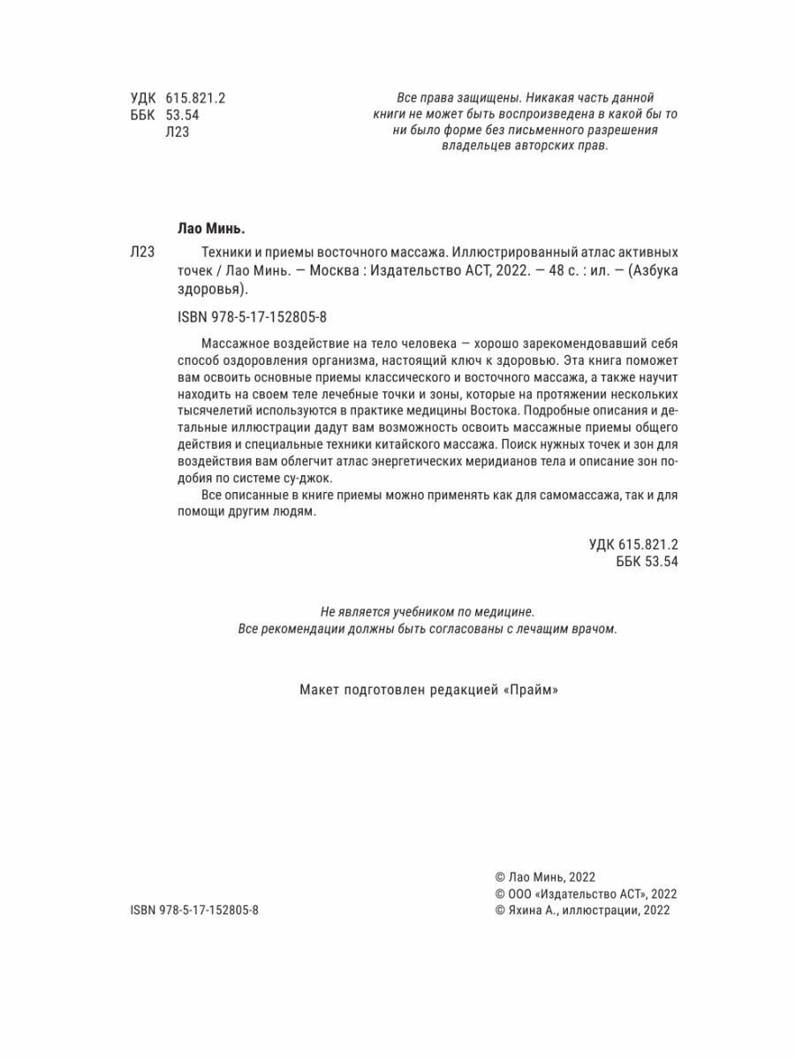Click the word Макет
[321, 692]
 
